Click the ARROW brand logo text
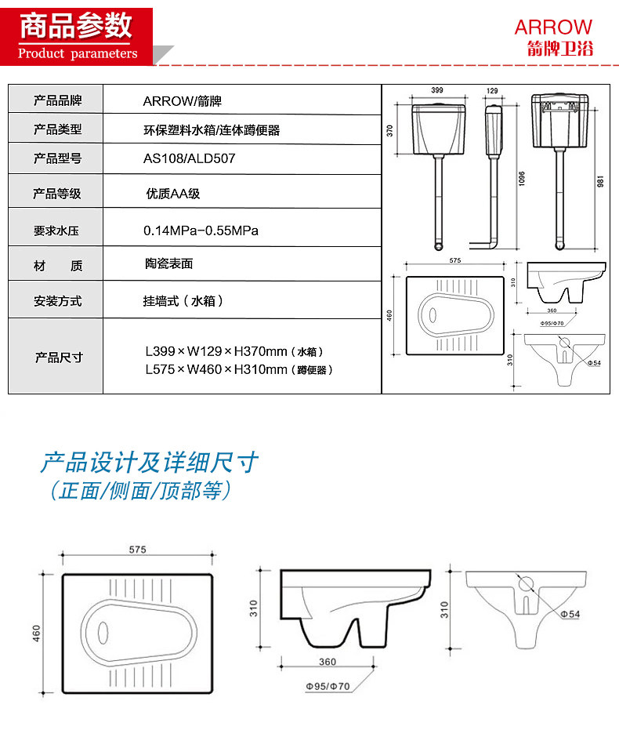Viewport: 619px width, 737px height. pyautogui.click(x=553, y=27)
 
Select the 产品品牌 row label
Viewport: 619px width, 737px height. pyautogui.click(x=57, y=100)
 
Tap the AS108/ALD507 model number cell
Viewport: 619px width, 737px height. pyautogui.click(x=189, y=158)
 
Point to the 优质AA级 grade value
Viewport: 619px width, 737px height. pyautogui.click(x=173, y=194)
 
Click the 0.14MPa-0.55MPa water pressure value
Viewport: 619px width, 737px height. pyautogui.click(x=201, y=231)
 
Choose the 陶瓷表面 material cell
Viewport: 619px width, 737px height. pyautogui.click(x=168, y=264)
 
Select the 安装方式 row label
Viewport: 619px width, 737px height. pyautogui.click(x=57, y=301)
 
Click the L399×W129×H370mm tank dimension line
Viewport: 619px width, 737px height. pyautogui.click(x=233, y=352)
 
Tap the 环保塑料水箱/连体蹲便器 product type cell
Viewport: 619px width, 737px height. pyautogui.click(x=211, y=130)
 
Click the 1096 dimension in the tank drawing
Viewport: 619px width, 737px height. pyautogui.click(x=520, y=180)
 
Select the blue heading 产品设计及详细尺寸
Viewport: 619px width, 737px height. pyautogui.click(x=149, y=463)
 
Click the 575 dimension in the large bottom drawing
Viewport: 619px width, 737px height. pyautogui.click(x=137, y=550)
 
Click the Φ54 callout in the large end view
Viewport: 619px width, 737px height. pyautogui.click(x=570, y=614)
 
